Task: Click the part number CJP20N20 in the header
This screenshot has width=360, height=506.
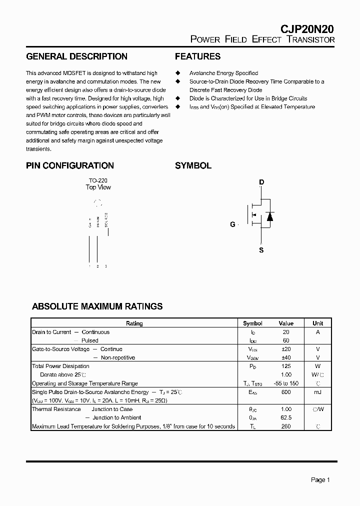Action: pyautogui.click(x=306, y=29)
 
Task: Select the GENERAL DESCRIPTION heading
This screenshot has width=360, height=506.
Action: pyautogui.click(x=76, y=56)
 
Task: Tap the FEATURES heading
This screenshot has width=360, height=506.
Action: pyautogui.click(x=197, y=56)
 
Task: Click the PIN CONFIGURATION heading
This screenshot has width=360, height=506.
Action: pyautogui.click(x=70, y=165)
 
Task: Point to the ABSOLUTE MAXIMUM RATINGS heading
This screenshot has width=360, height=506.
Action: pyautogui.click(x=97, y=306)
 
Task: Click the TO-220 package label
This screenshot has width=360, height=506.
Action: pyautogui.click(x=98, y=180)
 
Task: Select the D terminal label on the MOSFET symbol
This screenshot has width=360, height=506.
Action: pyautogui.click(x=261, y=182)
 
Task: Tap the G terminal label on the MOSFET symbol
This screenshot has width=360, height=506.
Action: pyautogui.click(x=232, y=224)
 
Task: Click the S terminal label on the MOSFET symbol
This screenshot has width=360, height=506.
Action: pyautogui.click(x=261, y=250)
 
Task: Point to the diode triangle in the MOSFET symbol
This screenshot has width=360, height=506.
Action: pyautogui.click(x=270, y=216)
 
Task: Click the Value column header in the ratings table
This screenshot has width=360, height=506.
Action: pyautogui.click(x=286, y=323)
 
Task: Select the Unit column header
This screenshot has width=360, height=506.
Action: pyautogui.click(x=317, y=323)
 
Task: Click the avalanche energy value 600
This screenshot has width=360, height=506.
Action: pyautogui.click(x=286, y=392)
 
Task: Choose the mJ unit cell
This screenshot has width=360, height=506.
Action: pyautogui.click(x=317, y=392)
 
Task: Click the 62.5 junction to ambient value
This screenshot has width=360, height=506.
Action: pyautogui.click(x=286, y=417)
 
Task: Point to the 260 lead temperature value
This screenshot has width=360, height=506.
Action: pyautogui.click(x=286, y=426)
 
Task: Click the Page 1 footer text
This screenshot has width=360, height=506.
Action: pyautogui.click(x=320, y=480)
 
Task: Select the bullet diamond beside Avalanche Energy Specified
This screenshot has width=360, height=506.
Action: pyautogui.click(x=177, y=73)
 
